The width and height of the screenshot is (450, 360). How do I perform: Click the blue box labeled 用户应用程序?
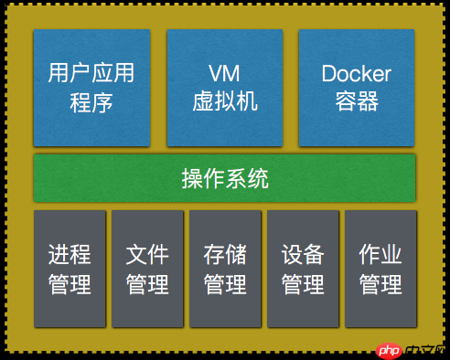click(91, 88)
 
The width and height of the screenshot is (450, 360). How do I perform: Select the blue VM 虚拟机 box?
click(225, 88)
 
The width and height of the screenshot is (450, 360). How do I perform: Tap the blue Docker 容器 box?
click(357, 88)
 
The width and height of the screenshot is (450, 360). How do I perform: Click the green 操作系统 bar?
click(224, 178)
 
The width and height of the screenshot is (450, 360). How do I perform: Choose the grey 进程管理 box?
click(70, 269)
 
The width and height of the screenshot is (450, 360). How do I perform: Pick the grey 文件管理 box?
click(147, 269)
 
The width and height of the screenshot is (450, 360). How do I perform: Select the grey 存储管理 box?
click(225, 269)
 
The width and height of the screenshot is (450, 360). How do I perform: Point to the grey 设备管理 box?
click(303, 269)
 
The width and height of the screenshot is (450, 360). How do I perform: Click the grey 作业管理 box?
click(380, 269)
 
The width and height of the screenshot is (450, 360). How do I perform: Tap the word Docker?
click(357, 73)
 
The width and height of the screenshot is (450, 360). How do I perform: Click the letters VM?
click(224, 73)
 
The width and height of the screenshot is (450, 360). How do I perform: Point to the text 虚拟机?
click(225, 101)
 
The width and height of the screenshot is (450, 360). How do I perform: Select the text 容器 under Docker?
click(357, 101)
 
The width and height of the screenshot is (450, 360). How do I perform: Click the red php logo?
click(389, 351)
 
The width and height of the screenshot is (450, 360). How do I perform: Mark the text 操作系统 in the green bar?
click(225, 178)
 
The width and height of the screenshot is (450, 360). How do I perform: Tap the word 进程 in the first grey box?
click(70, 254)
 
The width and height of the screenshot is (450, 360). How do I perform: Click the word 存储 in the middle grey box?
click(225, 254)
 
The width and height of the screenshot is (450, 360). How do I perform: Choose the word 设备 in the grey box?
click(303, 254)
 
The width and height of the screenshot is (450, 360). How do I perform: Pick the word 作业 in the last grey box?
click(380, 254)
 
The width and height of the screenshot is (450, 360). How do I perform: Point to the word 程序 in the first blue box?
click(91, 102)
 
